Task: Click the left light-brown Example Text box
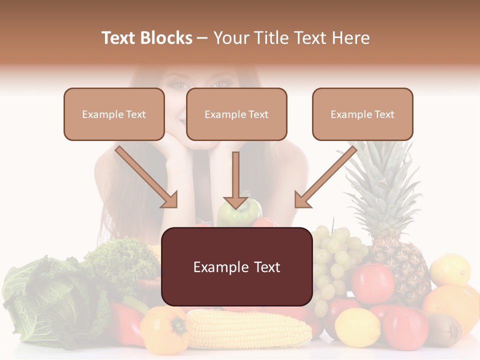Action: pos(114,114)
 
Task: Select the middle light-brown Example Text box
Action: pos(236,114)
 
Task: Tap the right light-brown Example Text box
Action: pos(362,114)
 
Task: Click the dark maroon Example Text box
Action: pos(237,266)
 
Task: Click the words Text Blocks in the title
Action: pos(146,38)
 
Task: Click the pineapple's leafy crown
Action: pos(382,185)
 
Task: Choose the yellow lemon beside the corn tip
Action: pos(357,327)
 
